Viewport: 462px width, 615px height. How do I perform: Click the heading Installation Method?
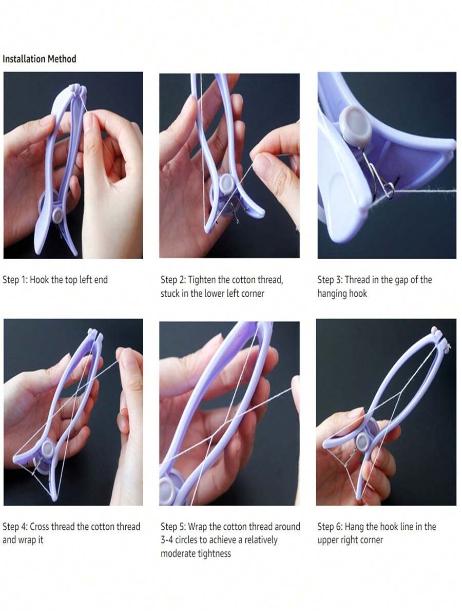(x=39, y=59)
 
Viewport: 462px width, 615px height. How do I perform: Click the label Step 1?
(x=15, y=280)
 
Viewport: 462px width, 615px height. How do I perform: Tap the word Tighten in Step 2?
(x=202, y=280)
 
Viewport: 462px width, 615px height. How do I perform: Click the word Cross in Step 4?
(x=39, y=526)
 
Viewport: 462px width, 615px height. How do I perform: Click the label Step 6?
(x=330, y=526)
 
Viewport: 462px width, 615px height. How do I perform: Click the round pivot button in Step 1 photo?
(x=58, y=215)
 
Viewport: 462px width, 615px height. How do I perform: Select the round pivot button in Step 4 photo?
(x=48, y=448)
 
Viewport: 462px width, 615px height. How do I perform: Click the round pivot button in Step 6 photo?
(x=362, y=441)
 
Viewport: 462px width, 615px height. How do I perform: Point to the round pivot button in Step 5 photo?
(x=167, y=490)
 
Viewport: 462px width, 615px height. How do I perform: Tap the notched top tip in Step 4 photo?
(x=95, y=334)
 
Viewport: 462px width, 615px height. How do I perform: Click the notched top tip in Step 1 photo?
(x=78, y=89)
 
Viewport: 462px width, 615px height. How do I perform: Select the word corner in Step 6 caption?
(x=371, y=540)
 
